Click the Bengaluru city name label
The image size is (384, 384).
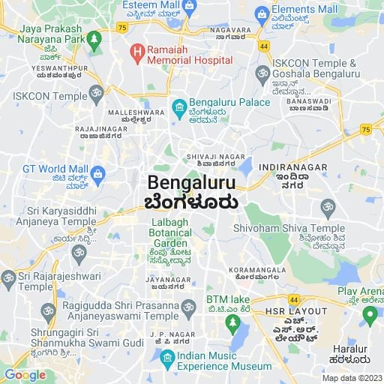[x=191, y=182]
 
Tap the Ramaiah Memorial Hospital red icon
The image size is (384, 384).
[x=136, y=52]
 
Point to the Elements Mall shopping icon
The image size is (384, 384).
[x=262, y=13]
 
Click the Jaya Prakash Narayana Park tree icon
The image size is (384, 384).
[x=94, y=37]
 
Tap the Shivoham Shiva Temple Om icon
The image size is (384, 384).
[x=327, y=206]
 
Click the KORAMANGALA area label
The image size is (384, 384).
[x=260, y=269]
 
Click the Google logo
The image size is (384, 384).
[x=25, y=375]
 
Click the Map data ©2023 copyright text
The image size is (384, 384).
[x=351, y=377]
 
